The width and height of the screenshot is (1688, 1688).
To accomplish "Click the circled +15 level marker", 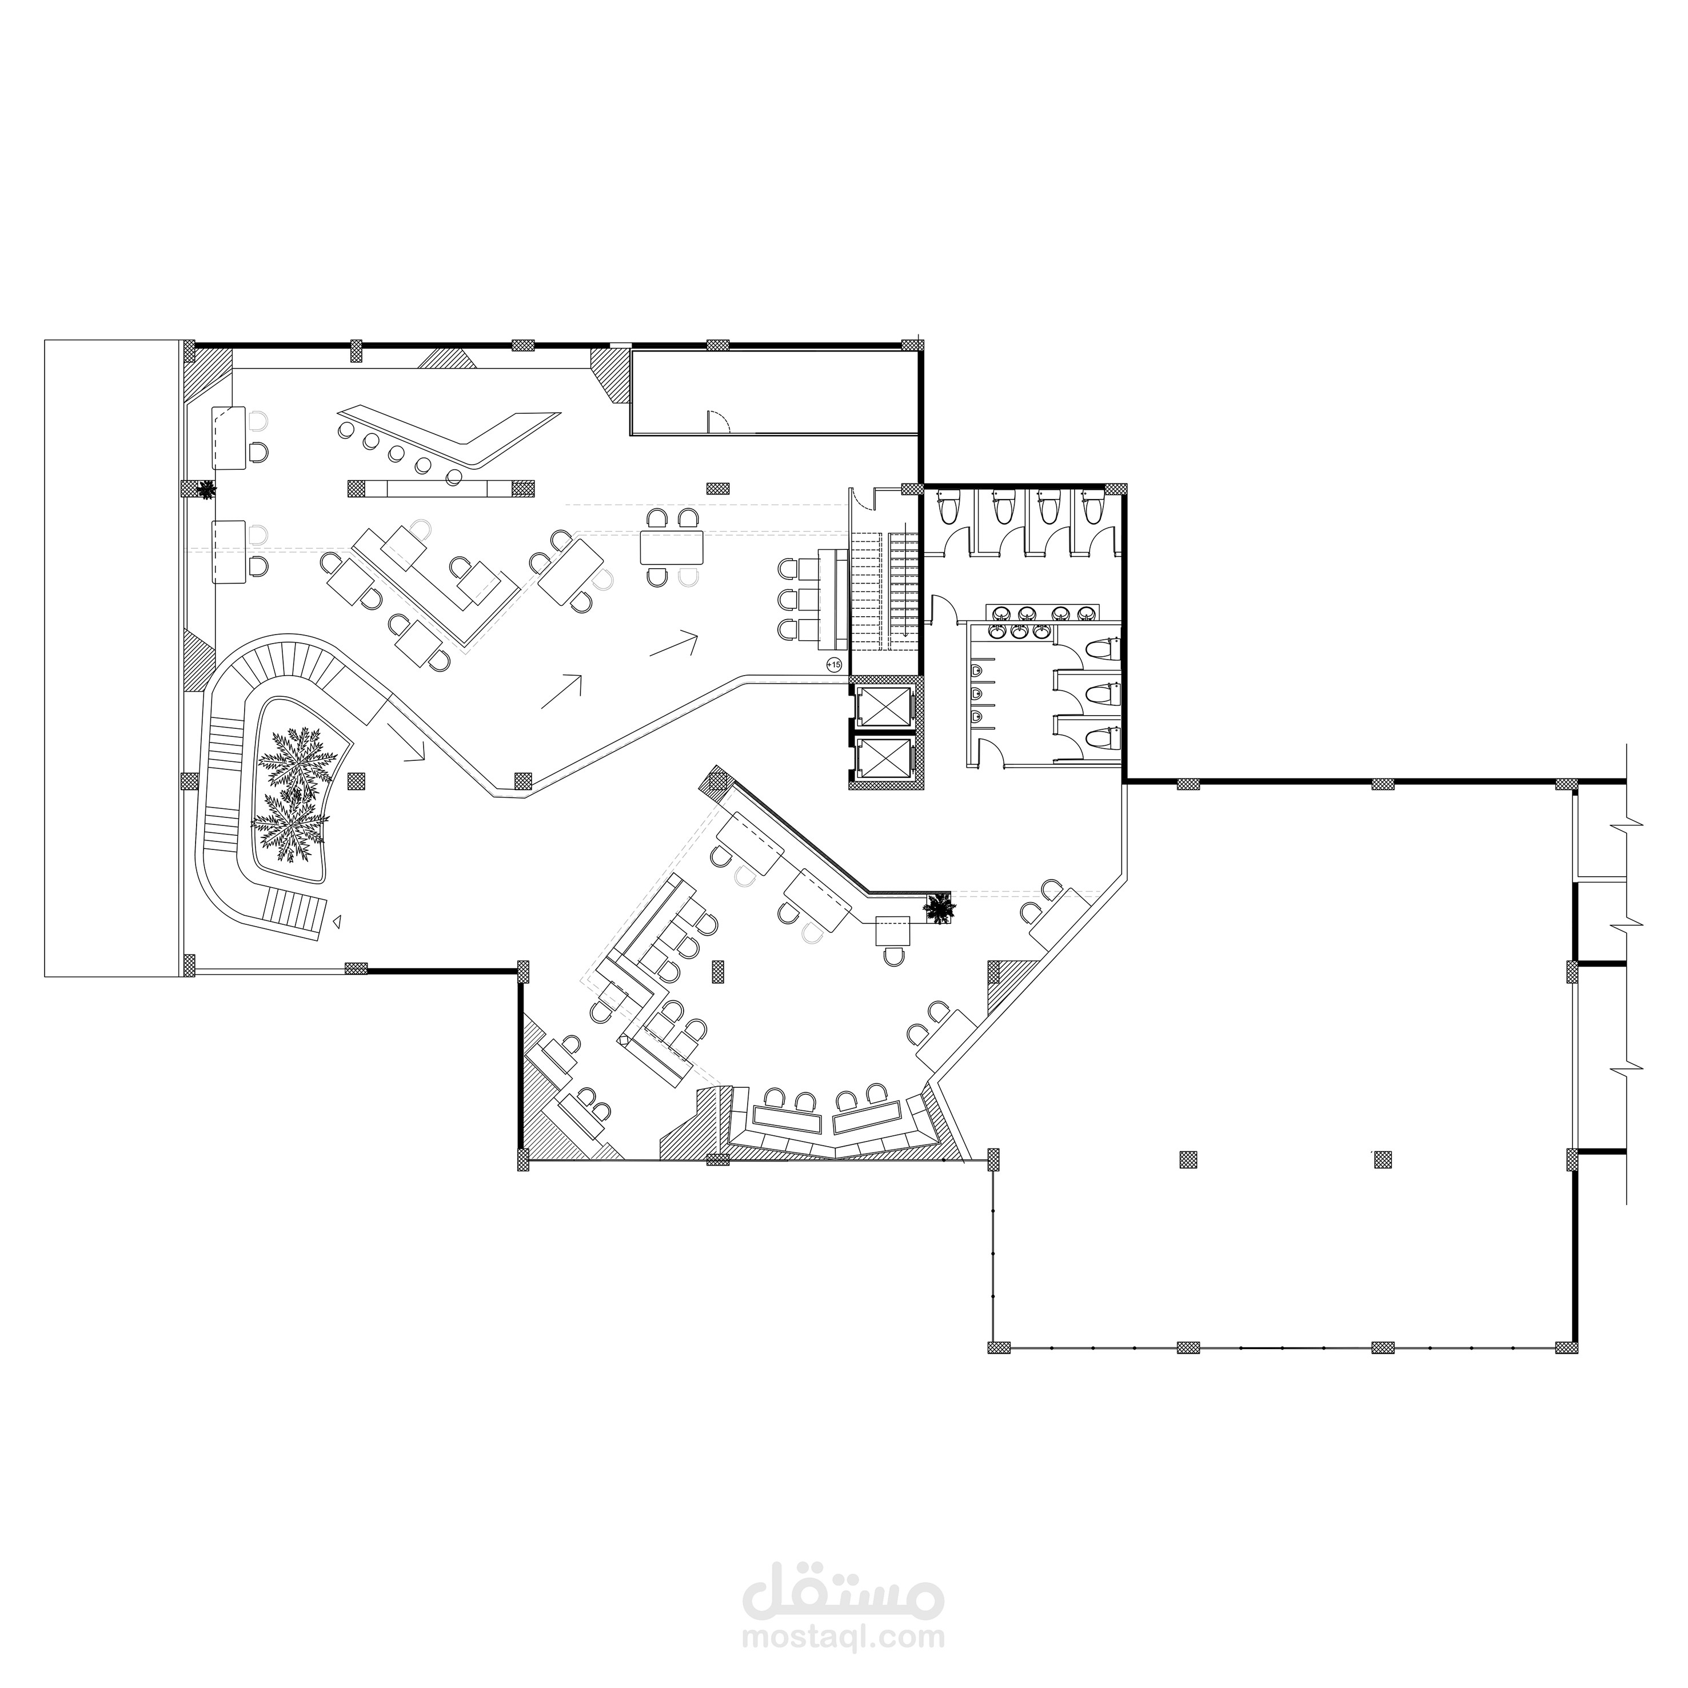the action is pyautogui.click(x=835, y=665).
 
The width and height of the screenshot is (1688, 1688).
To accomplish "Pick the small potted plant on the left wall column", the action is pyautogui.click(x=206, y=489).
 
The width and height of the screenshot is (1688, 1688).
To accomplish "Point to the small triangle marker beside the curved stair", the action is pyautogui.click(x=334, y=920).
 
